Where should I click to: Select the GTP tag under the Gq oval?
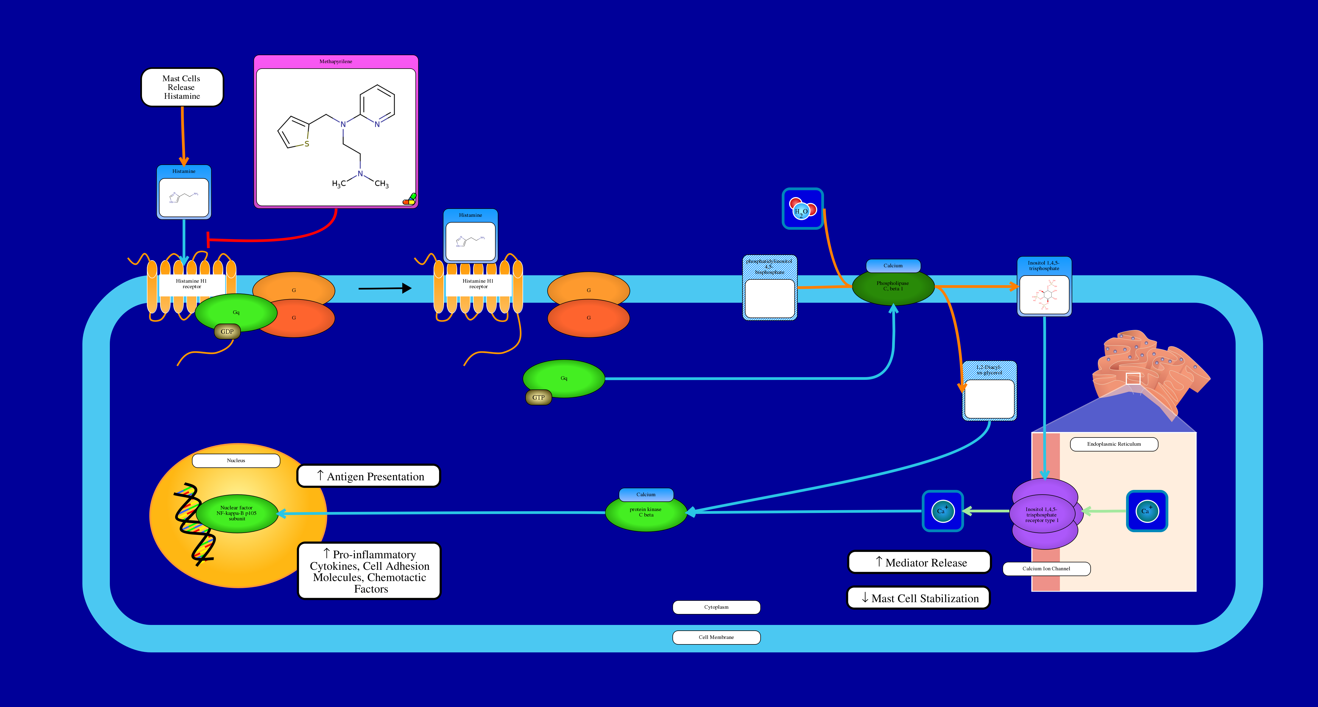[x=538, y=397]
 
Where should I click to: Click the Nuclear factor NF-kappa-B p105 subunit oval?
[x=237, y=514]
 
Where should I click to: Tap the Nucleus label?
[x=236, y=461]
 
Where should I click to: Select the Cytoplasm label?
[x=716, y=607]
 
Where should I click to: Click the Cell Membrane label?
[x=716, y=638]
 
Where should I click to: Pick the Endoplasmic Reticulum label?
[x=1114, y=444]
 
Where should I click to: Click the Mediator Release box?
[x=919, y=562]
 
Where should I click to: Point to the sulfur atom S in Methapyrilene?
[x=306, y=144]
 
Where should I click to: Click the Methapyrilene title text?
[x=336, y=61]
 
